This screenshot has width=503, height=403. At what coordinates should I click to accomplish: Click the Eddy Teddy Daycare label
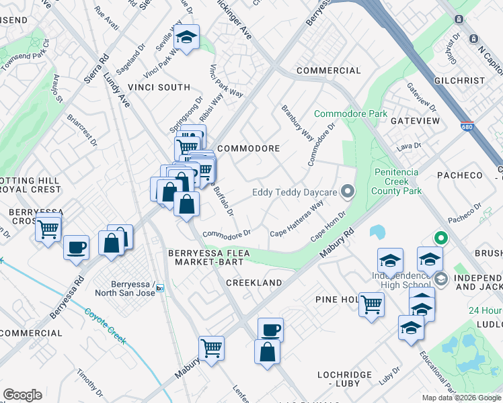click(x=294, y=193)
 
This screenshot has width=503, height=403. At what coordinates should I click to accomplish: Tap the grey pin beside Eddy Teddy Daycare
click(x=347, y=193)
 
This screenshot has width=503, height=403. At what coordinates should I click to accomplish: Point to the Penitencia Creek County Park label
click(x=398, y=181)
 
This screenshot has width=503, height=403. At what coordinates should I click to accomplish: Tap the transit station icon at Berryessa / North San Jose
click(x=160, y=289)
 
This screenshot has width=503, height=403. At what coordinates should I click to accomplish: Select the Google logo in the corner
click(x=22, y=395)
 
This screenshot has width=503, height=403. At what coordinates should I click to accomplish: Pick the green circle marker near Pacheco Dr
click(x=441, y=237)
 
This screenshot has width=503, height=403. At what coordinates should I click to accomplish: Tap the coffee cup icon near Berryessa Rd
click(x=76, y=246)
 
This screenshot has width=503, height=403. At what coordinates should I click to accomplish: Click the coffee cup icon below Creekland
click(x=270, y=329)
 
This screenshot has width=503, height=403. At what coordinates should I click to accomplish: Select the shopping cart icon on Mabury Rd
click(x=211, y=348)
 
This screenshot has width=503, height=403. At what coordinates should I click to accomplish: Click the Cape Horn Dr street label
click(x=327, y=228)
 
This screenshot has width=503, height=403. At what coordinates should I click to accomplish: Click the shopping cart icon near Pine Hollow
click(x=371, y=304)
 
